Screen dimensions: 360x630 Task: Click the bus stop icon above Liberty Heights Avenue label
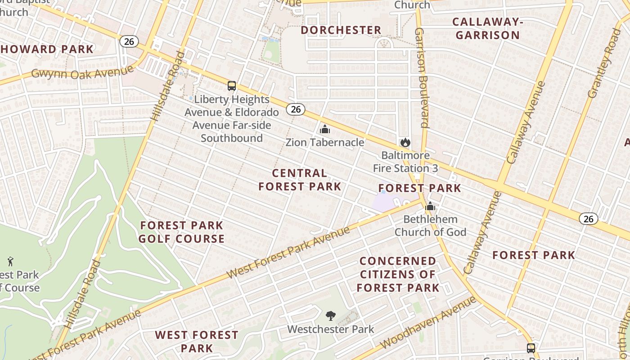[x=232, y=86]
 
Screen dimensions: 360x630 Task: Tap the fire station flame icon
[x=405, y=143]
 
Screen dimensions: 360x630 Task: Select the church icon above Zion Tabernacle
[x=324, y=130]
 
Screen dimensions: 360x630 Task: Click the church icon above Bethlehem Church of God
[x=430, y=207]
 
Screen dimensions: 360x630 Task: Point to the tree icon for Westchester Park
[x=330, y=316]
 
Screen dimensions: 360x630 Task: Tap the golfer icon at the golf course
[x=10, y=261]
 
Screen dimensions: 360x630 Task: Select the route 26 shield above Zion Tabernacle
[x=296, y=109]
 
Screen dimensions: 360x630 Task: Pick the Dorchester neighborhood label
[x=341, y=30]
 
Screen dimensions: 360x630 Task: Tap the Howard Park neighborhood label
[x=47, y=49]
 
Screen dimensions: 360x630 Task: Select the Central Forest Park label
[x=300, y=180]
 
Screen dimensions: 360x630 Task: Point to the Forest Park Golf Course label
[x=181, y=232]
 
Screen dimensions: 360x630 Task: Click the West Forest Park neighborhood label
[x=197, y=341]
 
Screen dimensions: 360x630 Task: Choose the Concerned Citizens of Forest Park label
[x=398, y=274]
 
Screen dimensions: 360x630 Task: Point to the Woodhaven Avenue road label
[x=427, y=323]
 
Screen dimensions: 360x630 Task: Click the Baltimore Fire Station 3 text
[x=405, y=162]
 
